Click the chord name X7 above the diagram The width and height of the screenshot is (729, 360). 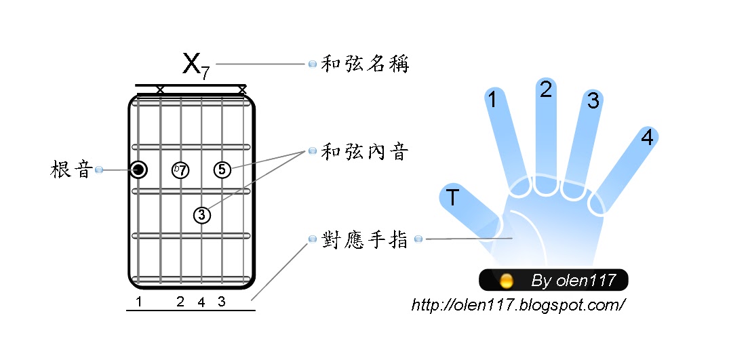point(195,65)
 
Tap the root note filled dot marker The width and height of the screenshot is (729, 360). point(139,169)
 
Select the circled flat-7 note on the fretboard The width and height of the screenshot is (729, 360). point(180,169)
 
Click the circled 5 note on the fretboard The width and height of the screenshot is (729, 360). point(222,169)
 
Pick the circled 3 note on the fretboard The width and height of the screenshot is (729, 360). point(201,215)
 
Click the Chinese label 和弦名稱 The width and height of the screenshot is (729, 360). point(365,64)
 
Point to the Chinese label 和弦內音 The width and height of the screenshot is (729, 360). point(365,152)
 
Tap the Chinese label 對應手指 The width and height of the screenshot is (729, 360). point(365,239)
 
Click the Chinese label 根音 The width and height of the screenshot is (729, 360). point(71,169)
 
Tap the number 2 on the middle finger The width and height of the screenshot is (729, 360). point(546,89)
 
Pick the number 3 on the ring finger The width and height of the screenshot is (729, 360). point(593,101)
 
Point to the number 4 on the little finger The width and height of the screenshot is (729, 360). point(647,138)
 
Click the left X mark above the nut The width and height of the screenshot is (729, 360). point(160,89)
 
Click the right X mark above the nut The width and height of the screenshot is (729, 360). point(242,89)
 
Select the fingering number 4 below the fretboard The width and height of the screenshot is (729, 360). point(201,302)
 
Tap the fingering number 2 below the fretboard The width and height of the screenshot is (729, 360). point(180,302)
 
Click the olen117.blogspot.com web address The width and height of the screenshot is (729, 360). point(518,304)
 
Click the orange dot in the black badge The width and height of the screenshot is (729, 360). point(505,280)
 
